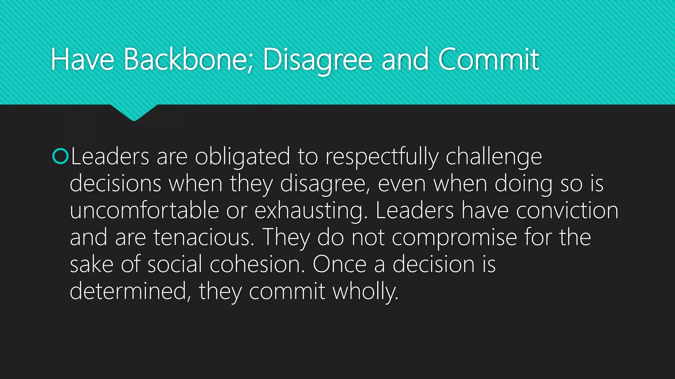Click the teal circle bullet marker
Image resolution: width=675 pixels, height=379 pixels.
(60, 156)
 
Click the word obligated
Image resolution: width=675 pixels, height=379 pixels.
(242, 157)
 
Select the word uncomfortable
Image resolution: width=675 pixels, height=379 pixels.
(144, 211)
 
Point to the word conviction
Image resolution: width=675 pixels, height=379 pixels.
(567, 211)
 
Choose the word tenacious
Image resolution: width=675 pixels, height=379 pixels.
(204, 238)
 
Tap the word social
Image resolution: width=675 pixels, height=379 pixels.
(175, 264)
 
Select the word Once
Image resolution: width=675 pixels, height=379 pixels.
(339, 264)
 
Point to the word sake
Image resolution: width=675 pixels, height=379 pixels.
(92, 264)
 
